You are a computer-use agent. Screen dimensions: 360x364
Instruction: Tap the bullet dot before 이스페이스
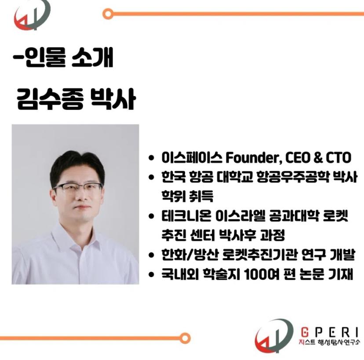[x=151, y=158]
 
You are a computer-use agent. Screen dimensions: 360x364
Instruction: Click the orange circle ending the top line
[x=108, y=14]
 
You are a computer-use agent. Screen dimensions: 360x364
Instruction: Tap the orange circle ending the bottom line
[x=186, y=338]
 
